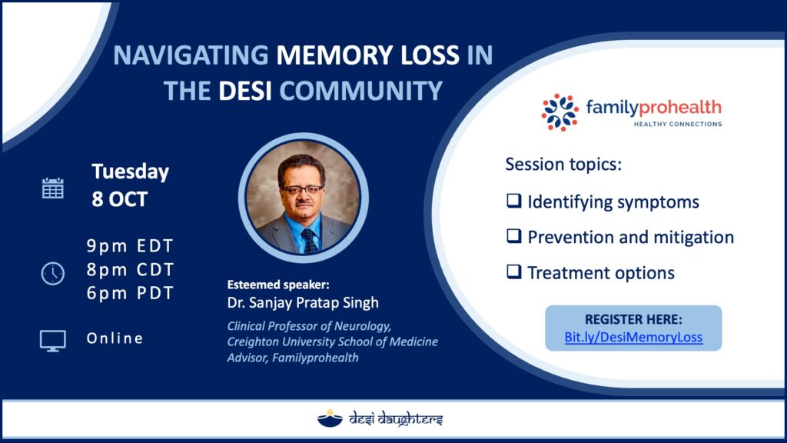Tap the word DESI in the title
click(245, 91)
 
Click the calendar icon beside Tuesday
click(53, 188)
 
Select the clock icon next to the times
click(53, 274)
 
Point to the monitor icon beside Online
click(53, 341)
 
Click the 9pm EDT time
click(130, 246)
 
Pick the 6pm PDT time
click(130, 293)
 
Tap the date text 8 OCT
click(119, 199)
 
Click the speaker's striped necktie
click(310, 240)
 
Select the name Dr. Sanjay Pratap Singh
click(303, 303)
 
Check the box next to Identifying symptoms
click(514, 201)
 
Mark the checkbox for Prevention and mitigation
click(514, 235)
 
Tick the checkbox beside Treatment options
click(514, 271)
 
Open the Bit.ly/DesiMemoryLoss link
click(633, 337)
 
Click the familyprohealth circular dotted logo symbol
click(560, 112)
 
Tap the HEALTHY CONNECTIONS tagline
click(678, 124)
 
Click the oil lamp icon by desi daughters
click(330, 418)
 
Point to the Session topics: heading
click(563, 165)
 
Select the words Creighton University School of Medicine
click(332, 342)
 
